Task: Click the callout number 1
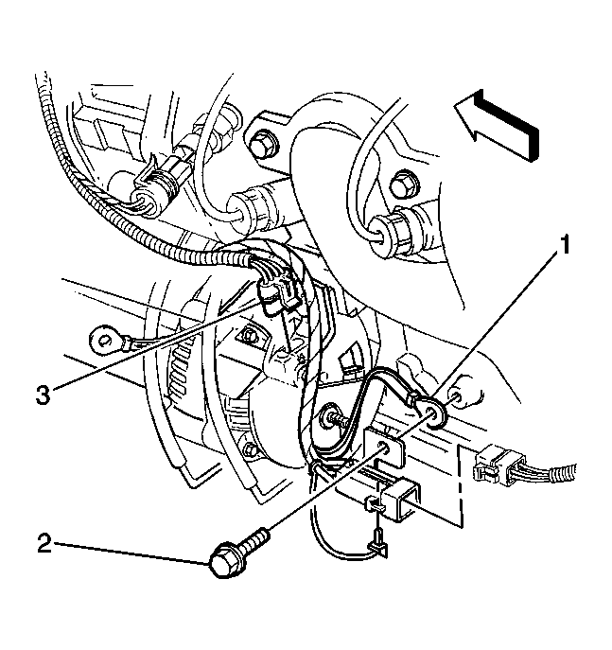pyautogui.click(x=566, y=249)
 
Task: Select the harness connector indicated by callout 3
pyautogui.click(x=275, y=290)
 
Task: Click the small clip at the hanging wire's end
pyautogui.click(x=377, y=547)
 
